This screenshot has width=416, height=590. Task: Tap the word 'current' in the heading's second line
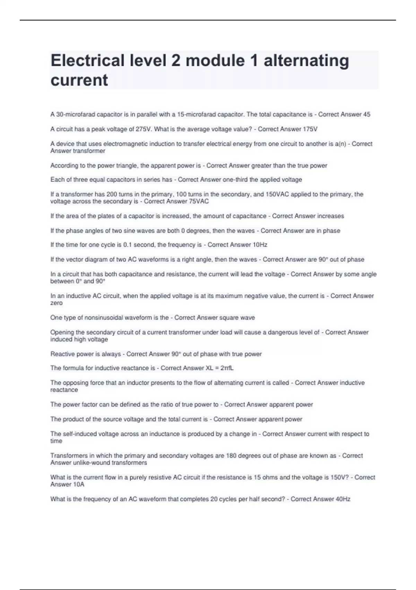tap(79, 80)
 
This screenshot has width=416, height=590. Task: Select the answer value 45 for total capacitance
tap(366, 114)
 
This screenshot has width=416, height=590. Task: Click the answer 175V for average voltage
tap(310, 129)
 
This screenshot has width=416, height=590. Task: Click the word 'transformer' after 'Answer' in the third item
tap(89, 151)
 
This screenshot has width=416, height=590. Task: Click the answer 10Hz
tap(260, 245)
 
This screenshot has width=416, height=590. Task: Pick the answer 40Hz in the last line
tap(343, 499)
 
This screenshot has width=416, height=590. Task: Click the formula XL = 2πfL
tap(220, 368)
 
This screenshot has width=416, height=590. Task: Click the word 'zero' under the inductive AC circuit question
tap(57, 303)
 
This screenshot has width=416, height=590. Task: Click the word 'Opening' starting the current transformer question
tap(62, 332)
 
